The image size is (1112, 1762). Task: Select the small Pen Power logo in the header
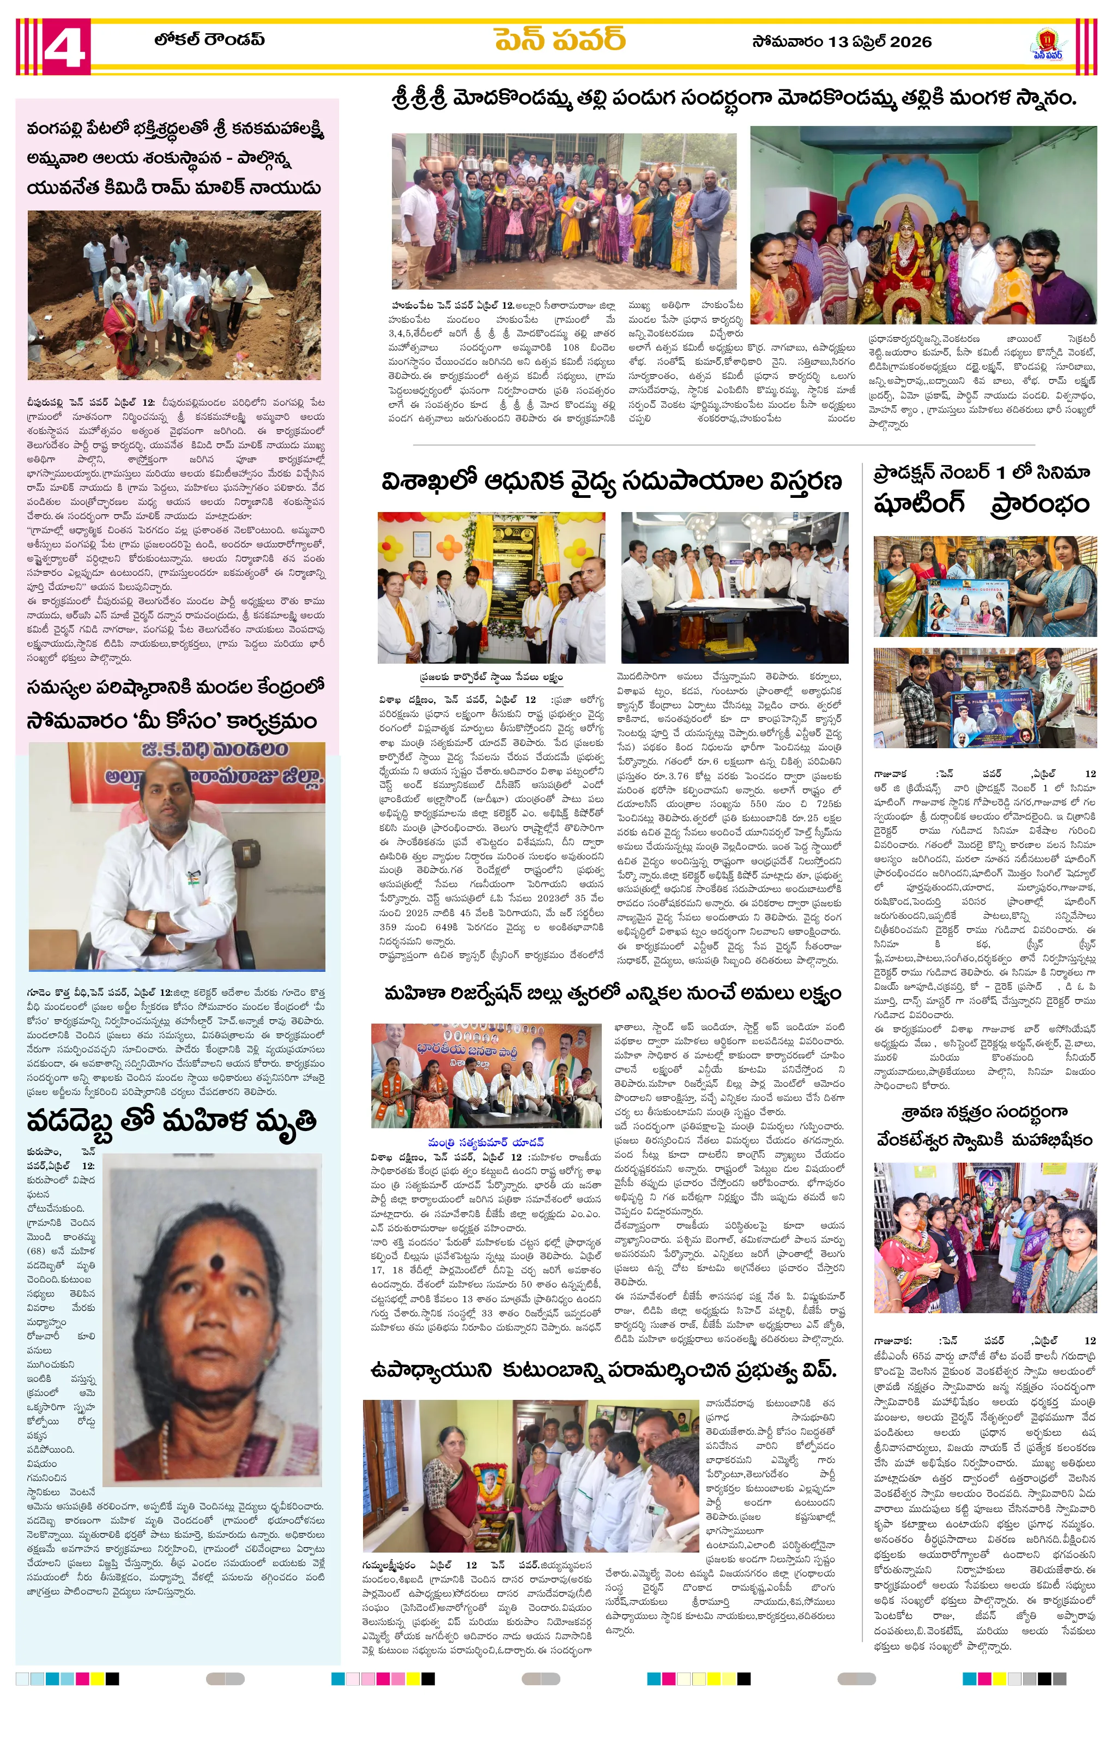1048,45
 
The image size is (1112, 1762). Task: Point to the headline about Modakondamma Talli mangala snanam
734,98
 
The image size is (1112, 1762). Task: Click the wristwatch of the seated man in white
150,921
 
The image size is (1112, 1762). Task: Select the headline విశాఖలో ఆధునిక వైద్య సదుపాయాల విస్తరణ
612,482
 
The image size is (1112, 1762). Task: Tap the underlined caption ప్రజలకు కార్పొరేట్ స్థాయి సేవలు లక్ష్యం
491,677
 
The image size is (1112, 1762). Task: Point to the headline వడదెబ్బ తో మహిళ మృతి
172,1121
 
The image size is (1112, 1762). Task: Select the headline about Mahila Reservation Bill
612,993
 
